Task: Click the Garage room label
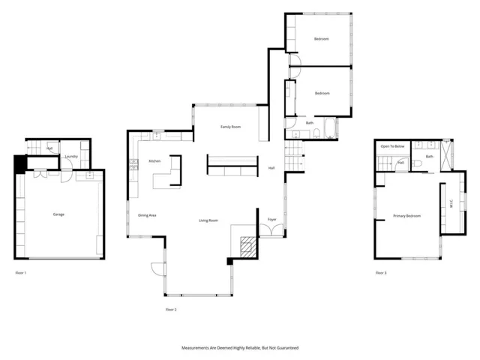58,214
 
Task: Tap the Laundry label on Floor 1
71,157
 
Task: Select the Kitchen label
154,161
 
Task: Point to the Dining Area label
147,215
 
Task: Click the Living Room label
208,220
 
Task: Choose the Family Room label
230,127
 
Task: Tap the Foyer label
272,219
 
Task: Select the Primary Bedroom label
407,216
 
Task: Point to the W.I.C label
451,203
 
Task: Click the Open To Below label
392,146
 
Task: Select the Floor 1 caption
21,273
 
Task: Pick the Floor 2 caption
172,309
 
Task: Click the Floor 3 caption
381,273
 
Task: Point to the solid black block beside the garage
19,163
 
